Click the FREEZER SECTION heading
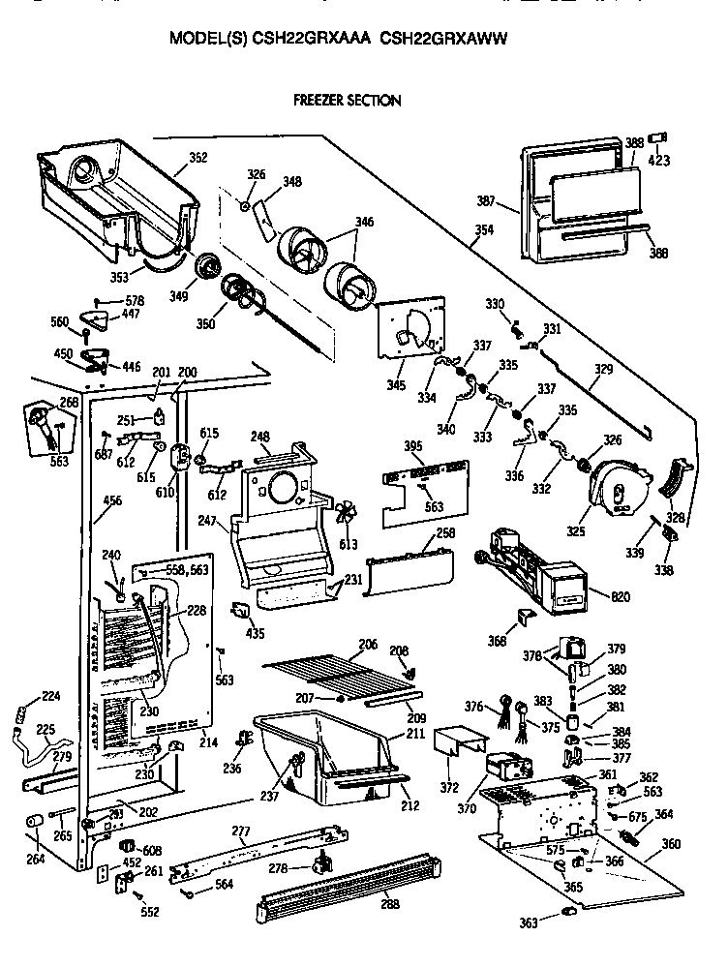pyautogui.click(x=348, y=100)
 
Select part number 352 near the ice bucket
pyautogui.click(x=198, y=157)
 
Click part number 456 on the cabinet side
pyautogui.click(x=113, y=500)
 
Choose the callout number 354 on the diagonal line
pyautogui.click(x=483, y=229)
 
